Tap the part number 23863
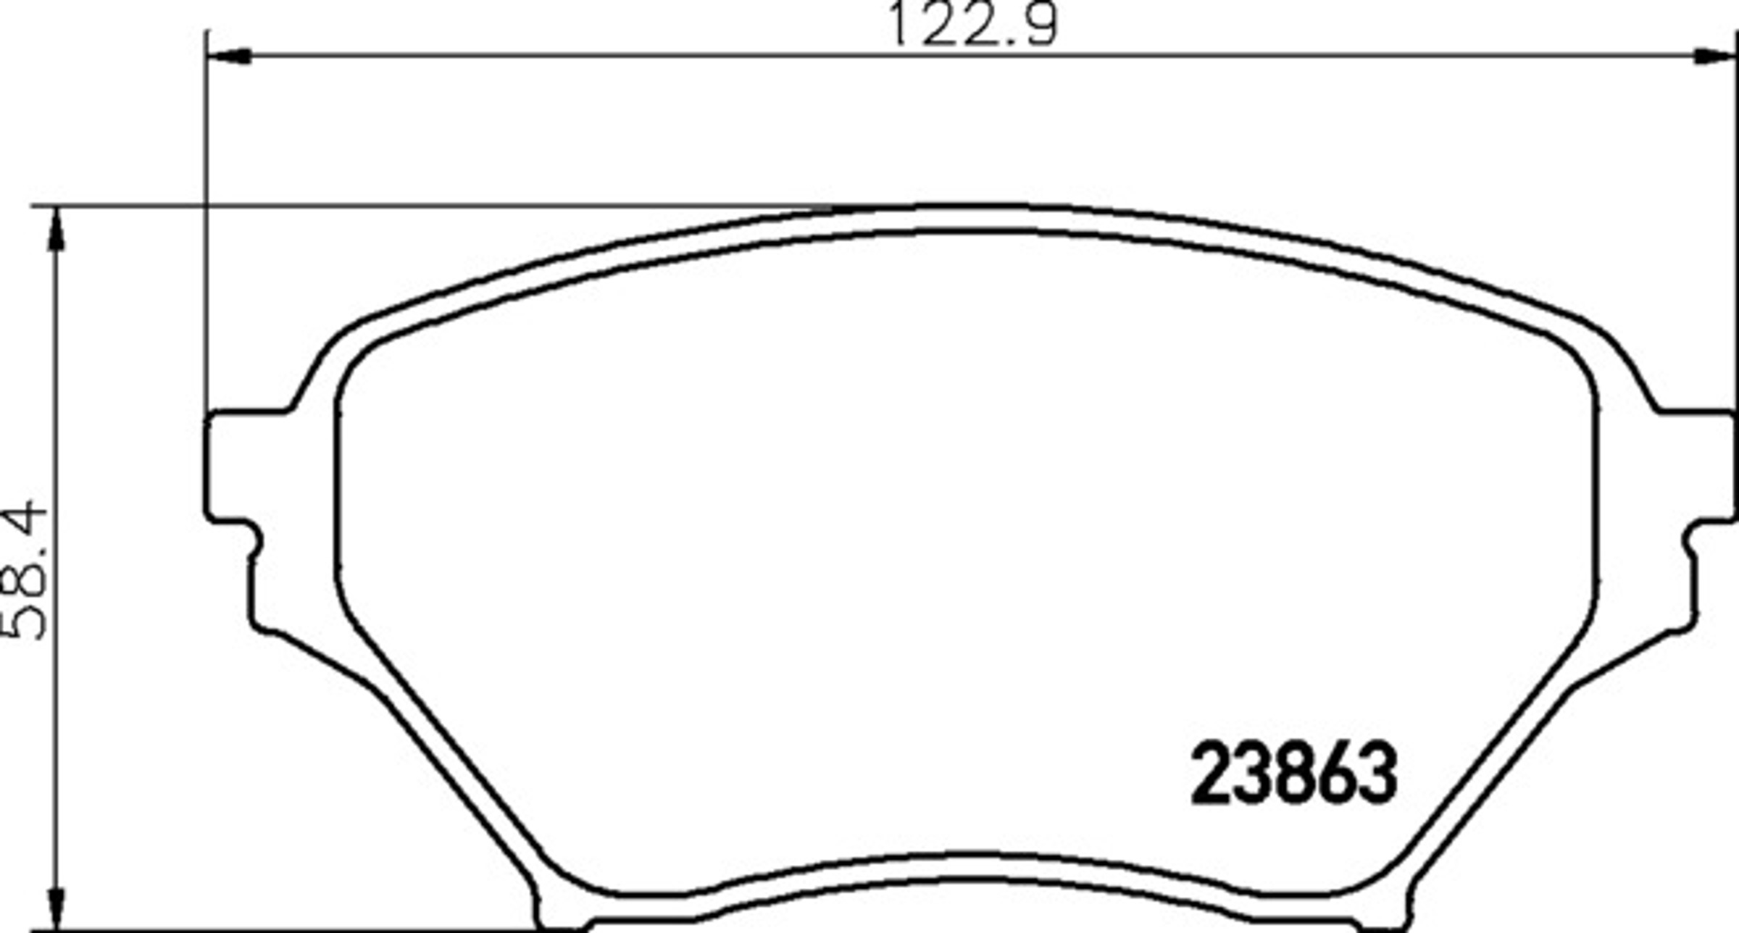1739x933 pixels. [1293, 774]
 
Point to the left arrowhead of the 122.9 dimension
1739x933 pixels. [229, 56]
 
